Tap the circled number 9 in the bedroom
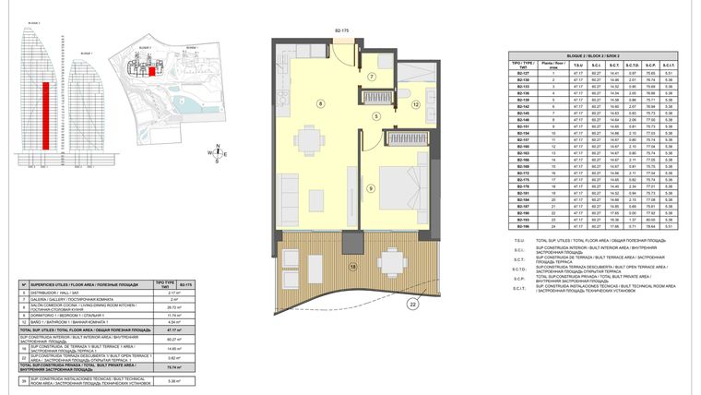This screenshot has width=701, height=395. [x=370, y=188]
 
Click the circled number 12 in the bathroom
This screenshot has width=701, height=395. [x=416, y=105]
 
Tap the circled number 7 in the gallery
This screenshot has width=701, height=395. [x=372, y=76]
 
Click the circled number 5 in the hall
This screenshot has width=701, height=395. [x=376, y=115]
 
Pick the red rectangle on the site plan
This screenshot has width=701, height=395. [x=152, y=68]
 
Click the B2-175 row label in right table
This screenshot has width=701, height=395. [x=523, y=180]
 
